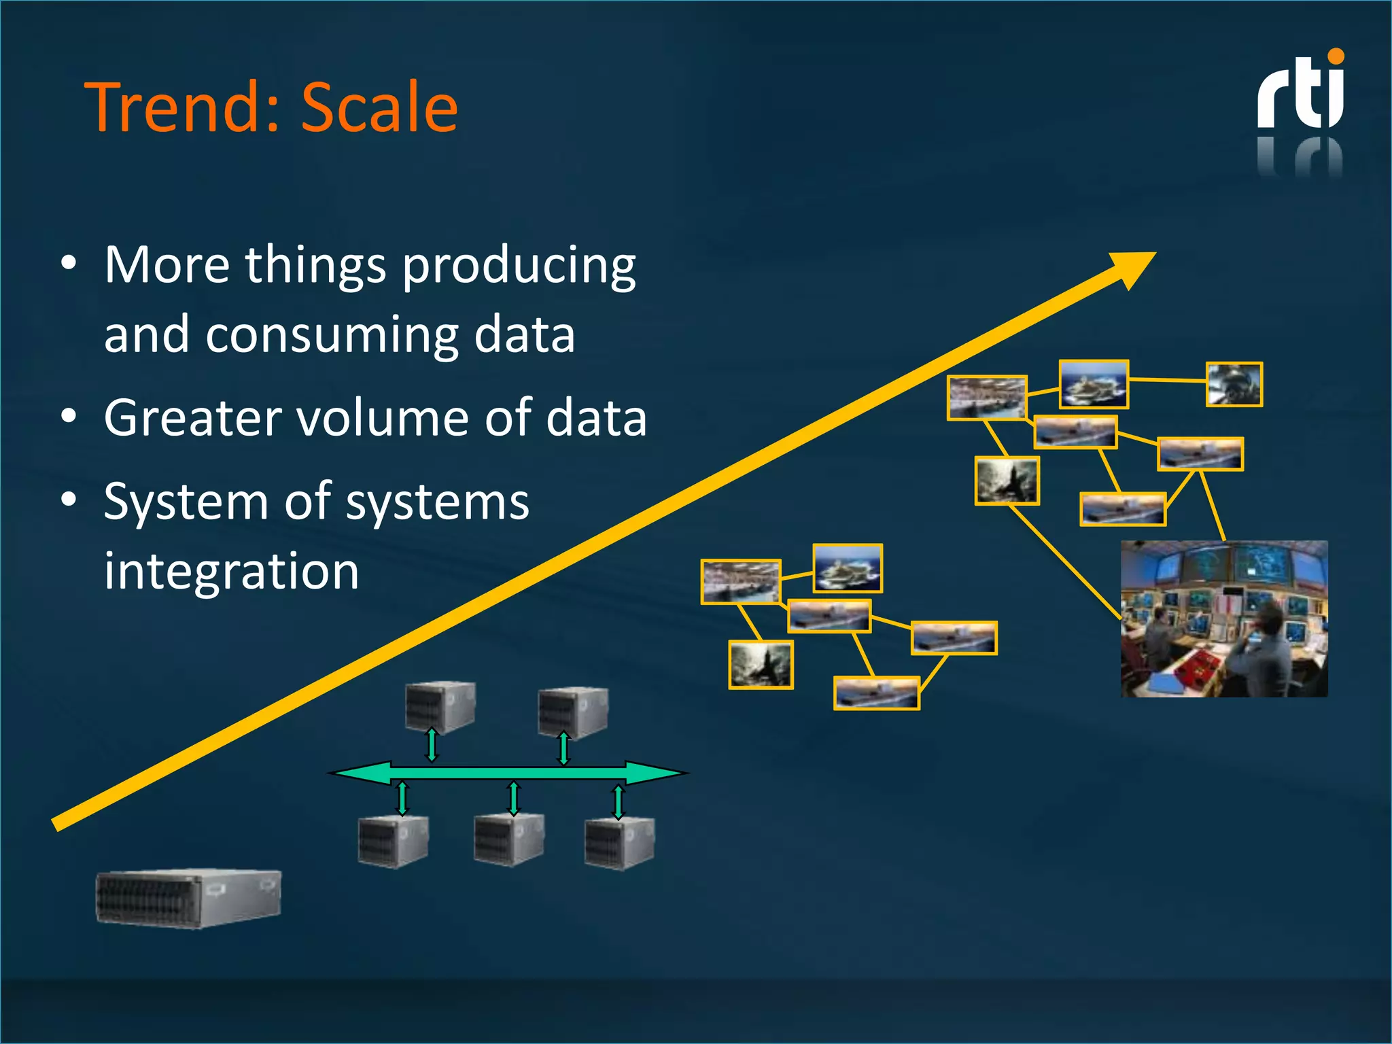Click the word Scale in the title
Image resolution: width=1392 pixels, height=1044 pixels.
click(x=379, y=107)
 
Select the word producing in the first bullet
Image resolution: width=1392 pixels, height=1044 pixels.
click(x=519, y=266)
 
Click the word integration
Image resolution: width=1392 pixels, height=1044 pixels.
click(x=231, y=571)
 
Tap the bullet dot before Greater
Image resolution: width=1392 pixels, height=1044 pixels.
click(x=69, y=416)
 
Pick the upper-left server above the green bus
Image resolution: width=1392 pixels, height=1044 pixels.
click(x=440, y=707)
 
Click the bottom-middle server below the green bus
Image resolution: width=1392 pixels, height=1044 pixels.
click(x=508, y=839)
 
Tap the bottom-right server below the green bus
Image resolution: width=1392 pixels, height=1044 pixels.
click(x=619, y=843)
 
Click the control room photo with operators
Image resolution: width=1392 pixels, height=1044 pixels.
click(x=1223, y=619)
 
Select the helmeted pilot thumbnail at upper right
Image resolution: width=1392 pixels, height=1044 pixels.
click(x=1234, y=385)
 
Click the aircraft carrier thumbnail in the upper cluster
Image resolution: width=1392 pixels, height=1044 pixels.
click(x=1094, y=385)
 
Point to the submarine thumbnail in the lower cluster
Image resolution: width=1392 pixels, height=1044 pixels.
click(x=761, y=664)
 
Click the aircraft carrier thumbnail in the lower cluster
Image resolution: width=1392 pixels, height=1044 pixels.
click(x=848, y=568)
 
